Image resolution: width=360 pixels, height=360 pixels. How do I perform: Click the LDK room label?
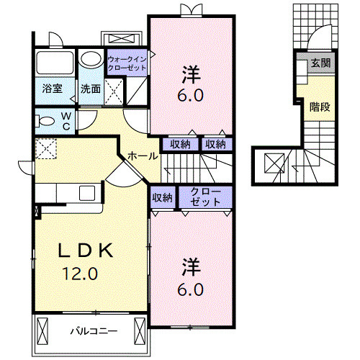pos(86,251)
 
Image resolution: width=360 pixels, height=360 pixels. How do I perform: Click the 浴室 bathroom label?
pos(52,89)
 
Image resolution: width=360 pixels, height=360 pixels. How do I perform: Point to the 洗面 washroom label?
pos(90,89)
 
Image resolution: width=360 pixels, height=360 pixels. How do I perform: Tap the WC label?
pos(65,120)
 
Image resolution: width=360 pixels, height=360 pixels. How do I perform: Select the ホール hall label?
pos(138,155)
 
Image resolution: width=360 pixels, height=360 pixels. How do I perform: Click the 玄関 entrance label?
pos(320,63)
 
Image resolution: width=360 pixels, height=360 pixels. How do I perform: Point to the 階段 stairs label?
pos(320,107)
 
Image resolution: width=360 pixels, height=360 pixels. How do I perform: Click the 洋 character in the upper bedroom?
pos(190,73)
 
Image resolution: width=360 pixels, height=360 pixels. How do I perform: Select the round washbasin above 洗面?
pos(91,59)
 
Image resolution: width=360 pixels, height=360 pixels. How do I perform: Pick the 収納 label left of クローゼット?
pos(162,197)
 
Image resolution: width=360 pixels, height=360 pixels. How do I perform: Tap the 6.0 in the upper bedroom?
pos(190,94)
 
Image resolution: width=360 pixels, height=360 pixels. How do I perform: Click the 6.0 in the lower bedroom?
pos(190,289)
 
